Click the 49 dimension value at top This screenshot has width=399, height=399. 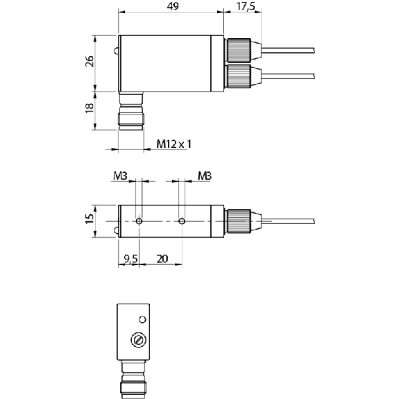point(173,6)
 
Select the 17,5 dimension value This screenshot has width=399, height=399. point(246,6)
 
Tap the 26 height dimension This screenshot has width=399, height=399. point(90,61)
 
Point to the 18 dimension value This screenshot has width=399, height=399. point(90,108)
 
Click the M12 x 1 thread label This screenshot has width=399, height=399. point(173,144)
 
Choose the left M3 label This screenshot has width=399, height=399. point(120,176)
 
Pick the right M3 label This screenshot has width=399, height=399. point(205,176)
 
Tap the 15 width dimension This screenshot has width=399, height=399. point(90,219)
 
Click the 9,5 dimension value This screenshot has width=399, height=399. point(130,259)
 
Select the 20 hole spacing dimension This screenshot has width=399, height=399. point(162,259)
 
